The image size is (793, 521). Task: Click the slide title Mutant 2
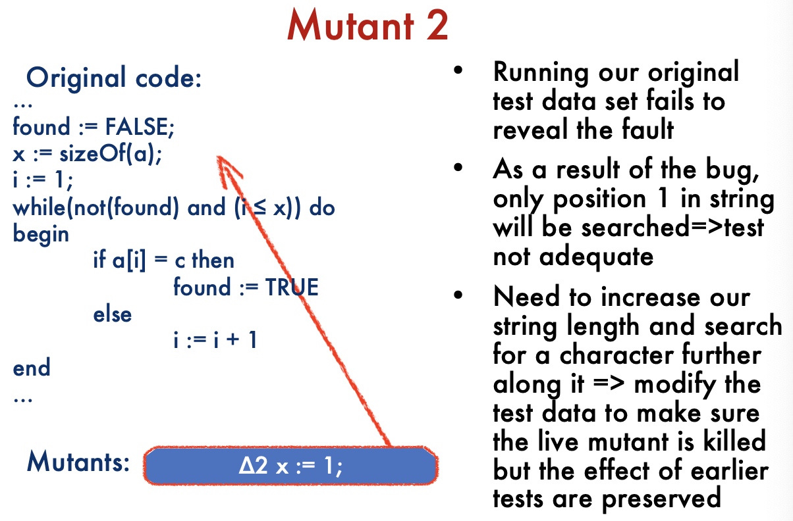click(x=368, y=25)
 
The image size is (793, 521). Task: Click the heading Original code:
click(x=114, y=78)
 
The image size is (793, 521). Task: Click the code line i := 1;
click(x=42, y=180)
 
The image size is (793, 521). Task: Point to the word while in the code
click(x=39, y=207)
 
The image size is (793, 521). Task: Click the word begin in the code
click(x=41, y=235)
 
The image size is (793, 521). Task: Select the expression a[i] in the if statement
click(x=129, y=260)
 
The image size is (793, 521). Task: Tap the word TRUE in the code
click(x=292, y=287)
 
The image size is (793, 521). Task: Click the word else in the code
click(x=112, y=314)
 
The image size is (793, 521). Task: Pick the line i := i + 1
click(x=215, y=340)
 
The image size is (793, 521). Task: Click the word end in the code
click(x=32, y=368)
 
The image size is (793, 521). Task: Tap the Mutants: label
click(x=78, y=462)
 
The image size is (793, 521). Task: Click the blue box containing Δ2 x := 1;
click(x=290, y=466)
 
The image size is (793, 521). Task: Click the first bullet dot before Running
click(x=458, y=70)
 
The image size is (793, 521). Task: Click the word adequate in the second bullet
click(x=596, y=257)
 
